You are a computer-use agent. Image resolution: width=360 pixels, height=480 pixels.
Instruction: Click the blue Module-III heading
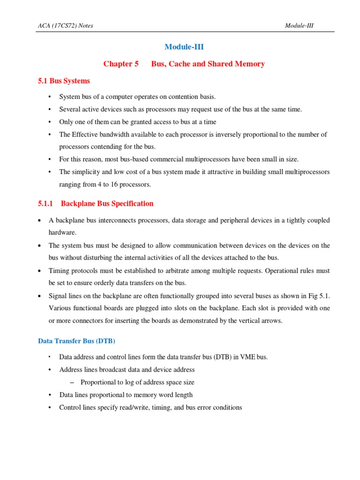click(x=184, y=47)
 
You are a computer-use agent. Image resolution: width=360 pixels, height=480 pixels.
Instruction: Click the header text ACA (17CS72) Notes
click(x=65, y=25)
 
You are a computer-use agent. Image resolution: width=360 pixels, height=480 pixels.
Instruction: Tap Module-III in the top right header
click(x=299, y=25)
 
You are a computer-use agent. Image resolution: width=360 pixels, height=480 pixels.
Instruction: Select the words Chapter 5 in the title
click(x=121, y=64)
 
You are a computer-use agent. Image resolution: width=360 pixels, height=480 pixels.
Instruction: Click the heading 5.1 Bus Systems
click(x=64, y=81)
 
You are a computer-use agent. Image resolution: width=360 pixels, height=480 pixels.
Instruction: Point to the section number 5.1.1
click(x=46, y=203)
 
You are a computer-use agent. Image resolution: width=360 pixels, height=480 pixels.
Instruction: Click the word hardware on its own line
click(x=62, y=232)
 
